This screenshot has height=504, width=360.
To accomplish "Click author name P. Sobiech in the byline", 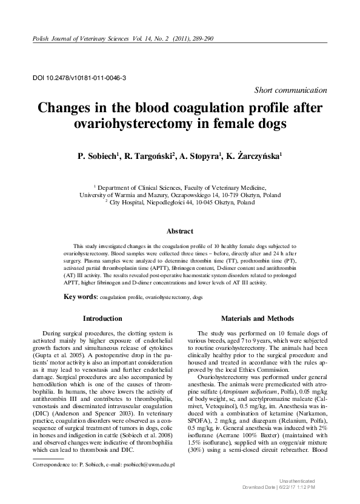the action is click(x=97, y=156).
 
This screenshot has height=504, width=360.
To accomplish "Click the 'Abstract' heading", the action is click(x=179, y=231).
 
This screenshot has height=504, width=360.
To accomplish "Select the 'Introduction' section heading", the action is click(x=102, y=318).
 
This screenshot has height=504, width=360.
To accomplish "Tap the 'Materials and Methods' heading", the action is click(x=258, y=318).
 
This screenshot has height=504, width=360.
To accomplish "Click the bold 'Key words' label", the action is click(x=81, y=297).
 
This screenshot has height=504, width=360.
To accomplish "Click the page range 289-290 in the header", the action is click(x=197, y=39).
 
